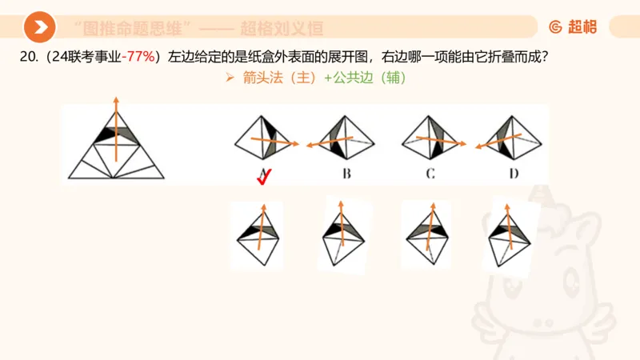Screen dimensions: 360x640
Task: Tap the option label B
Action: [346, 174]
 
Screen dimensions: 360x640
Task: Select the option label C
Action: [430, 174]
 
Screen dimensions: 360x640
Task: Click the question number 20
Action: [27, 57]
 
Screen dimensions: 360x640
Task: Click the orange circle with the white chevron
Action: [39, 27]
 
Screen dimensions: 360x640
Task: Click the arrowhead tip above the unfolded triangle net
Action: [117, 98]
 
